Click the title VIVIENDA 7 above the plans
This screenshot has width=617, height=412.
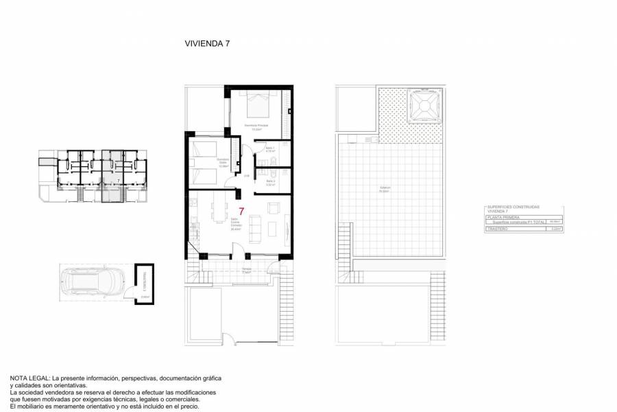(207, 43)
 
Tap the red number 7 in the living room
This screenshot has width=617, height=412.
(241, 212)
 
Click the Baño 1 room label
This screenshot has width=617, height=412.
(270, 149)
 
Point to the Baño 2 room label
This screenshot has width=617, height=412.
(270, 183)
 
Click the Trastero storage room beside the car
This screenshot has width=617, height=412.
(145, 284)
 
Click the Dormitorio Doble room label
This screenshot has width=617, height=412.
(223, 162)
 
